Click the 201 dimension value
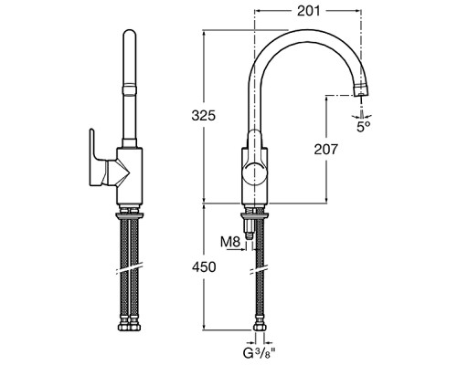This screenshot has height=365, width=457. (x=309, y=11)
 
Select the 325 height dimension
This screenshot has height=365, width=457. (x=204, y=116)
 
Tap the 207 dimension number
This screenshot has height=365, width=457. (x=326, y=150)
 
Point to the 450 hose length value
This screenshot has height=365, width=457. (x=204, y=266)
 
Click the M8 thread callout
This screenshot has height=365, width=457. (x=230, y=242)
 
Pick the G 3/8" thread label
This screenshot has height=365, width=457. (x=259, y=353)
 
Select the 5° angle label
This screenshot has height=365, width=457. (x=364, y=126)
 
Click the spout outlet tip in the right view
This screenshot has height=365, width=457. (x=361, y=91)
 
